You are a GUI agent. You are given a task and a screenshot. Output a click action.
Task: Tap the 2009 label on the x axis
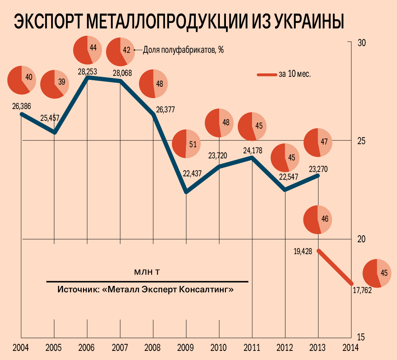[186, 347]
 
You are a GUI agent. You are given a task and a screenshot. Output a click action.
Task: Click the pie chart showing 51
[186, 144]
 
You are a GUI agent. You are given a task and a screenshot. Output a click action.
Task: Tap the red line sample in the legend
[267, 74]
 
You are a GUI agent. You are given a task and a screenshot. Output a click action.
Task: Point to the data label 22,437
[192, 173]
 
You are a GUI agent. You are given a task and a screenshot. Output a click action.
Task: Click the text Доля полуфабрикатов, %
[183, 50]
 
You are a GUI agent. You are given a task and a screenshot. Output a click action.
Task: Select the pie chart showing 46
[317, 219]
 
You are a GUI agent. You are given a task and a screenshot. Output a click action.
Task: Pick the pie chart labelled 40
[21, 80]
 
